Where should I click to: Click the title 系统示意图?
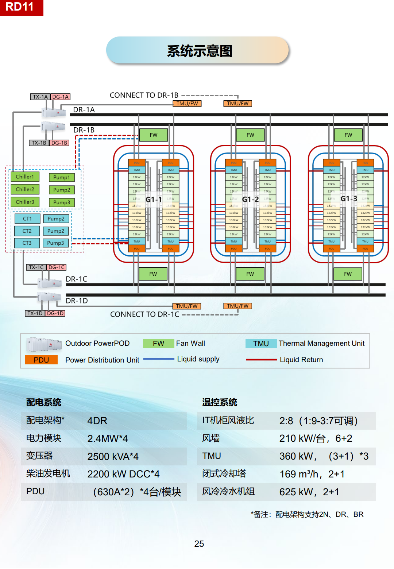199,51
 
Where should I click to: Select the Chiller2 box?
25,189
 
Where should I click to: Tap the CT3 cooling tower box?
27,243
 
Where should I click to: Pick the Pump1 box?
61,177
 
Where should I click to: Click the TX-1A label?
40,97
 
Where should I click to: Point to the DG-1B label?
59,143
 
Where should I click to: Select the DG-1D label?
55,313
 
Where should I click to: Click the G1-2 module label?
251,199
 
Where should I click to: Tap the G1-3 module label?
349,198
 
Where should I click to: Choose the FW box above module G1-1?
154,135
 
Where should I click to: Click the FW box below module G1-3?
348,274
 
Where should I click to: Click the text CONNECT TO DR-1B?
144,95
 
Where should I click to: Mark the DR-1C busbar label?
77,279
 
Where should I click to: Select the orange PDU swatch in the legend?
41,360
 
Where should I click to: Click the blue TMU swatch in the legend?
261,344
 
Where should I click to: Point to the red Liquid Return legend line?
261,360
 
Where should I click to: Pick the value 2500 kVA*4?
113,457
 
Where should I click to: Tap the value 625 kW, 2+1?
309,492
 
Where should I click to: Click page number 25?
199,544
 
